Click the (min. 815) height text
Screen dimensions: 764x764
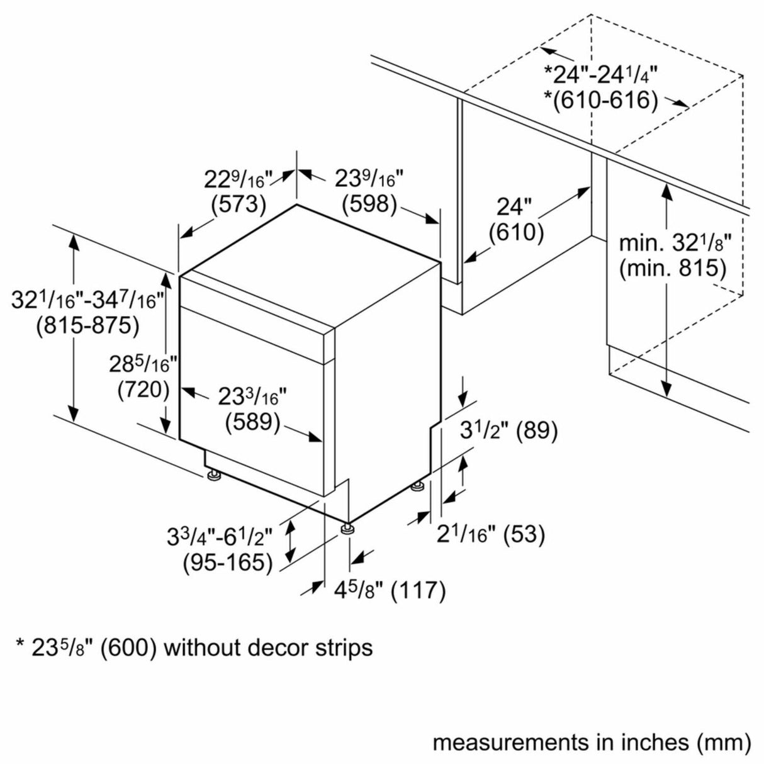(673, 269)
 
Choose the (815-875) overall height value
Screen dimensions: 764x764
(87, 326)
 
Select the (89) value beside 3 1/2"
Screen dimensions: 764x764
(536, 430)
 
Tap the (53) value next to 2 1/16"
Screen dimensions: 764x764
(524, 534)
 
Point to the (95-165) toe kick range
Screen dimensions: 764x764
(228, 563)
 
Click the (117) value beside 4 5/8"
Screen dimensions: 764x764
(419, 602)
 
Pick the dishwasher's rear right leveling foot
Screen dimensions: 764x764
(418, 487)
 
